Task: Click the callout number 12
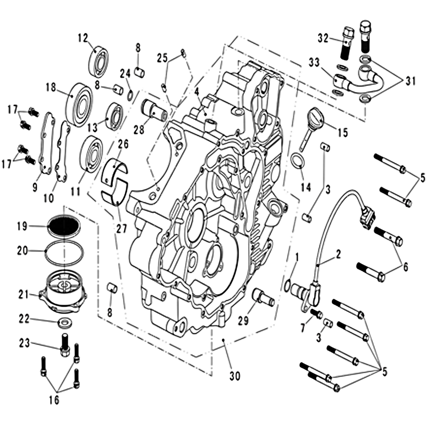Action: pyautogui.click(x=84, y=38)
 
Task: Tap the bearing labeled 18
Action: pyautogui.click(x=79, y=104)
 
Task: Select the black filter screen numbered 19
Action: pyautogui.click(x=64, y=226)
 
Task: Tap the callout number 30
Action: pyautogui.click(x=235, y=376)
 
